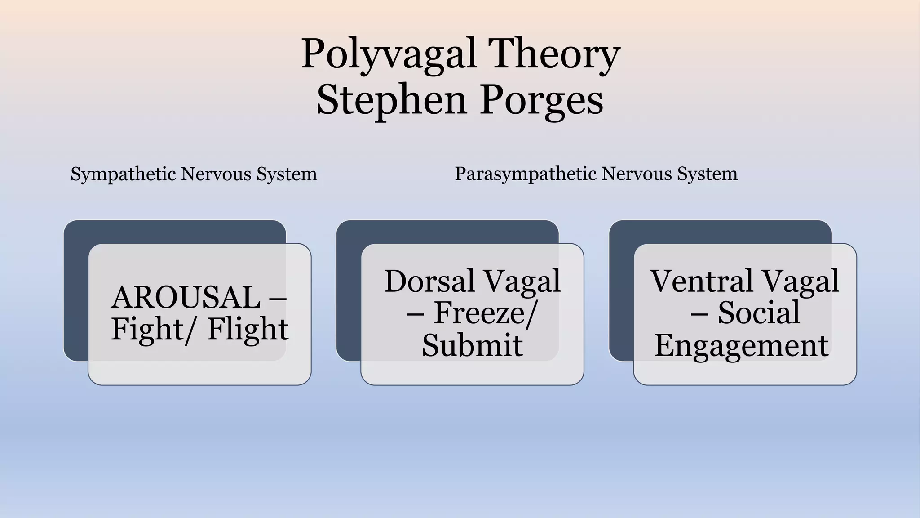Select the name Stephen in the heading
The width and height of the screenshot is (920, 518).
[391, 101]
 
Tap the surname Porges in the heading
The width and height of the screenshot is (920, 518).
[541, 101]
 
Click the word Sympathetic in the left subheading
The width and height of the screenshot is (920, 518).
[123, 174]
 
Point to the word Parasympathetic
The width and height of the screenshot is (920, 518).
[525, 174]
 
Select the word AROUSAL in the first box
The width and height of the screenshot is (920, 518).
[186, 298]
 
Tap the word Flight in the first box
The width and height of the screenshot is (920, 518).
[248, 329]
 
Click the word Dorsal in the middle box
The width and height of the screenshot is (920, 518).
[429, 281]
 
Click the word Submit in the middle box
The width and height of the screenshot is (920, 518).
[472, 345]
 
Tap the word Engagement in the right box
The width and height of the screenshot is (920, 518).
[741, 345]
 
